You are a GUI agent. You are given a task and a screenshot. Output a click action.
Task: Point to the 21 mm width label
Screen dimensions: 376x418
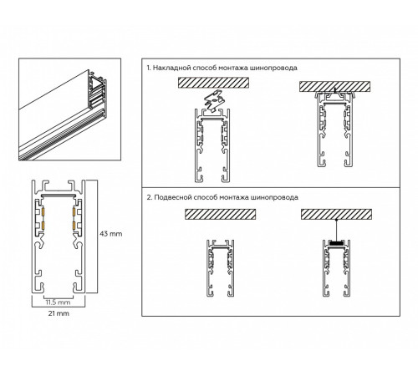click(x=58, y=316)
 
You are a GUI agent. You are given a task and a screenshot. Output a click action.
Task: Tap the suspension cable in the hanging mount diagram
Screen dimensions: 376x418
click(x=336, y=230)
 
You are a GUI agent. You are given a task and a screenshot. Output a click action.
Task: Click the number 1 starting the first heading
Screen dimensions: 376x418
click(x=148, y=67)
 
